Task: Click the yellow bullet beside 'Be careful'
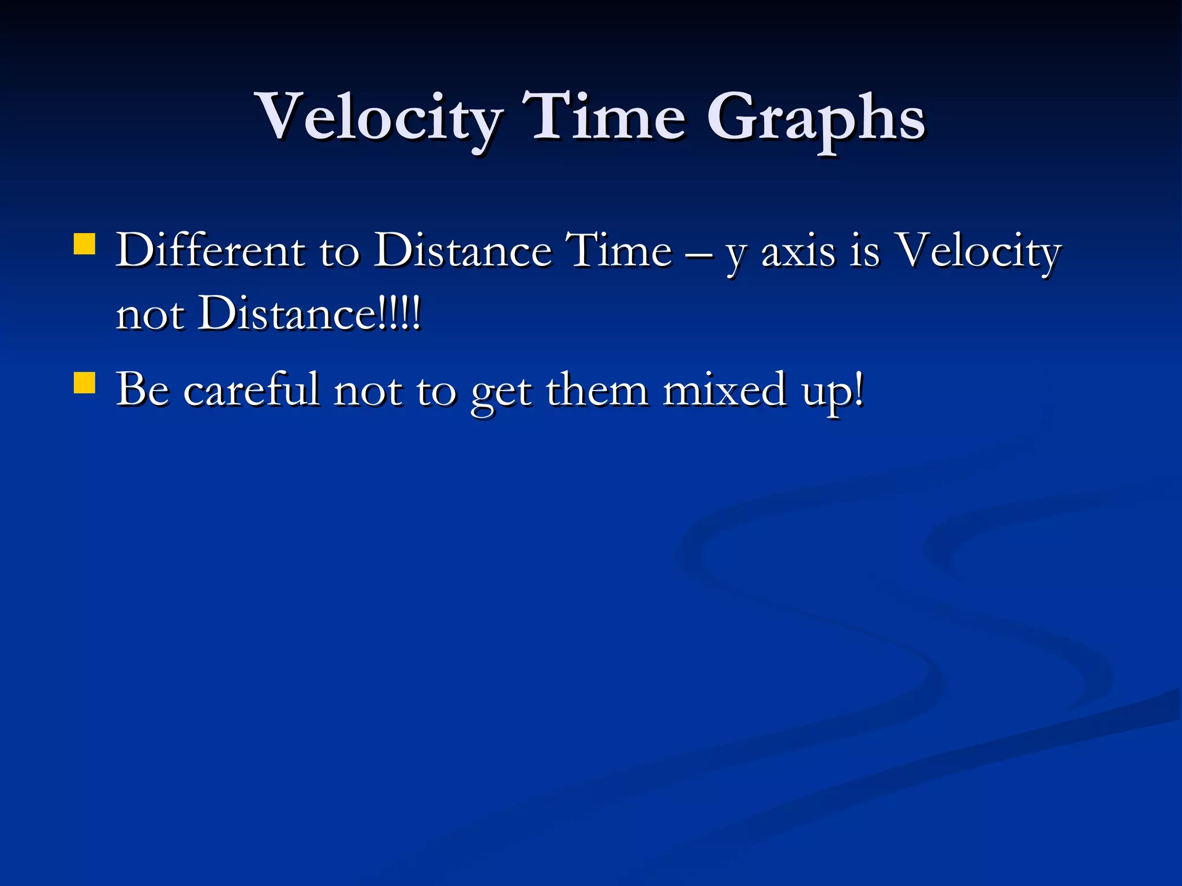[x=85, y=382]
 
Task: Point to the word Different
[x=210, y=250]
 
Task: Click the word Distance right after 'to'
[x=462, y=250]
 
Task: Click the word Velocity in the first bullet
[x=978, y=251]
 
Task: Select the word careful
[x=251, y=390]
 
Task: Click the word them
[x=597, y=390]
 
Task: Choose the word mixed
[x=724, y=390]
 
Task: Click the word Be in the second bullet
[x=143, y=390]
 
